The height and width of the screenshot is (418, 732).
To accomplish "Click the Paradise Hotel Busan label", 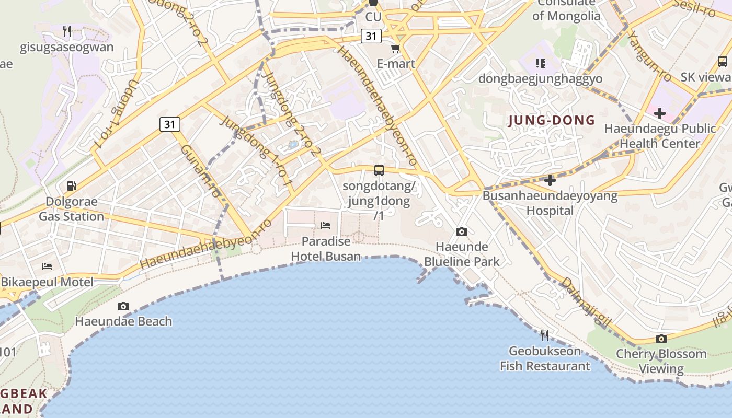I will [326, 249].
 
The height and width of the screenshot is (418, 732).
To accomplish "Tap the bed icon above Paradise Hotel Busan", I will [326, 226].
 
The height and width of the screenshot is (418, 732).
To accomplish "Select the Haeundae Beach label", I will [123, 321].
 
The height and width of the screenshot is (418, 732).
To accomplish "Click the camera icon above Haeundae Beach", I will [123, 306].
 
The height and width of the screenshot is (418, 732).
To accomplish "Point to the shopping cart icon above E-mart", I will [396, 49].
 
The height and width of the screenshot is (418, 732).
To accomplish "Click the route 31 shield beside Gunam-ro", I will [169, 124].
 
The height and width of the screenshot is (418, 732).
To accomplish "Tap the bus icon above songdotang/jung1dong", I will [379, 170].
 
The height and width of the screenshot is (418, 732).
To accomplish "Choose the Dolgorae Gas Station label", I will [72, 209].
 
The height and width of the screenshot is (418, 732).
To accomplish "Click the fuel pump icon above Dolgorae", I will [71, 186].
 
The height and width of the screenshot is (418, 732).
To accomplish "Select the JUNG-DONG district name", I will [552, 121].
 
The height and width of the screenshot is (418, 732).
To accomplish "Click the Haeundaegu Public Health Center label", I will [660, 136].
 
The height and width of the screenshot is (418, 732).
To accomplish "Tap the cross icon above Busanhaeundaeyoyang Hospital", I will [550, 181].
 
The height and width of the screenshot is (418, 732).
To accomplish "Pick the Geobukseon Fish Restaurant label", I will [545, 358].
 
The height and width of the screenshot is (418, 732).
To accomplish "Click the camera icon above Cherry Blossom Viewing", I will [661, 339].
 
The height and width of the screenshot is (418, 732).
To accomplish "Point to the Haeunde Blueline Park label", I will [462, 254].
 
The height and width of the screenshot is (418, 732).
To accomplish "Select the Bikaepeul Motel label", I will [47, 282].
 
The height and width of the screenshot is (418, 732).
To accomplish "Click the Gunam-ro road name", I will [201, 171].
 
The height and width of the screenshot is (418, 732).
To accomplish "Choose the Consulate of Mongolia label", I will [566, 9].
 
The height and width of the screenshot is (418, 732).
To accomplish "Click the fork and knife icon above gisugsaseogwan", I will [67, 31].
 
